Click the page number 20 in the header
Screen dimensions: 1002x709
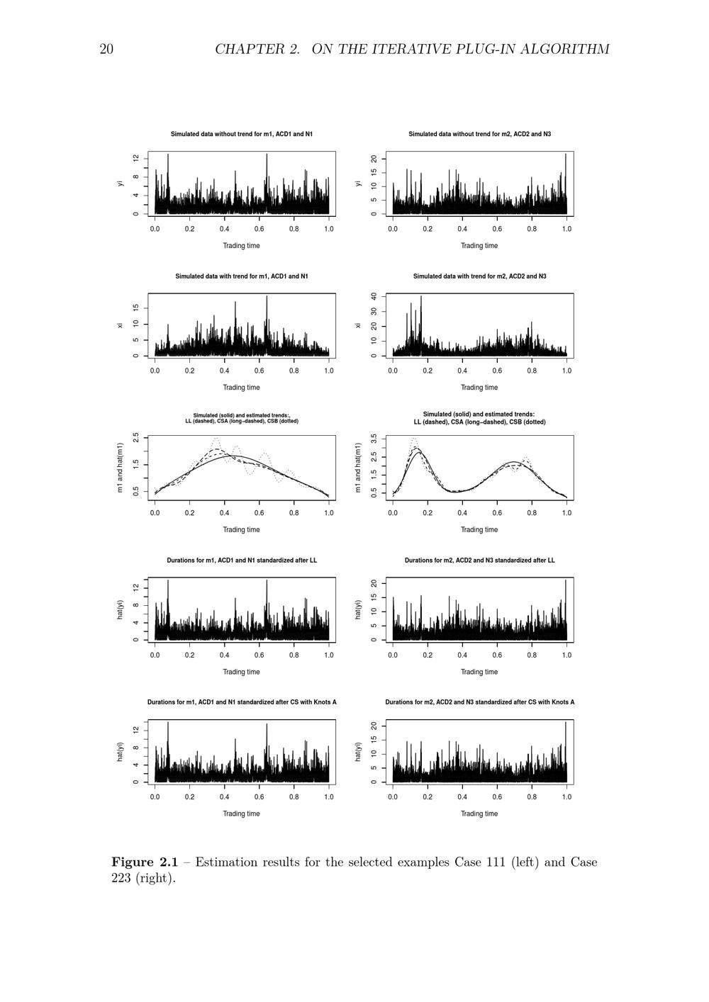(106, 49)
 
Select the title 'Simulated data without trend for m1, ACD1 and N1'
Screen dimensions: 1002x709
(241, 134)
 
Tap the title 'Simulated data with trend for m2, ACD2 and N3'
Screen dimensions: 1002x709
(479, 276)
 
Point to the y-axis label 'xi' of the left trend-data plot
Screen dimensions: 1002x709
(120, 325)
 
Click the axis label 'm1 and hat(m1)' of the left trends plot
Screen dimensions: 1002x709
(120, 468)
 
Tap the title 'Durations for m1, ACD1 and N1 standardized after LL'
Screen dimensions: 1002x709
(241, 561)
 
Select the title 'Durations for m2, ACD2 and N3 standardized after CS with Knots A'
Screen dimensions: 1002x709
(479, 702)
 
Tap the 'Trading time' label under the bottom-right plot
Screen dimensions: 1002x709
(479, 814)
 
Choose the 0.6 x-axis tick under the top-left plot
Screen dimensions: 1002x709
(259, 229)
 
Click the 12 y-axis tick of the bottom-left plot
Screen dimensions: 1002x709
(136, 731)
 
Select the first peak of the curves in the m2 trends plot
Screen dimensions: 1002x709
(417, 448)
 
